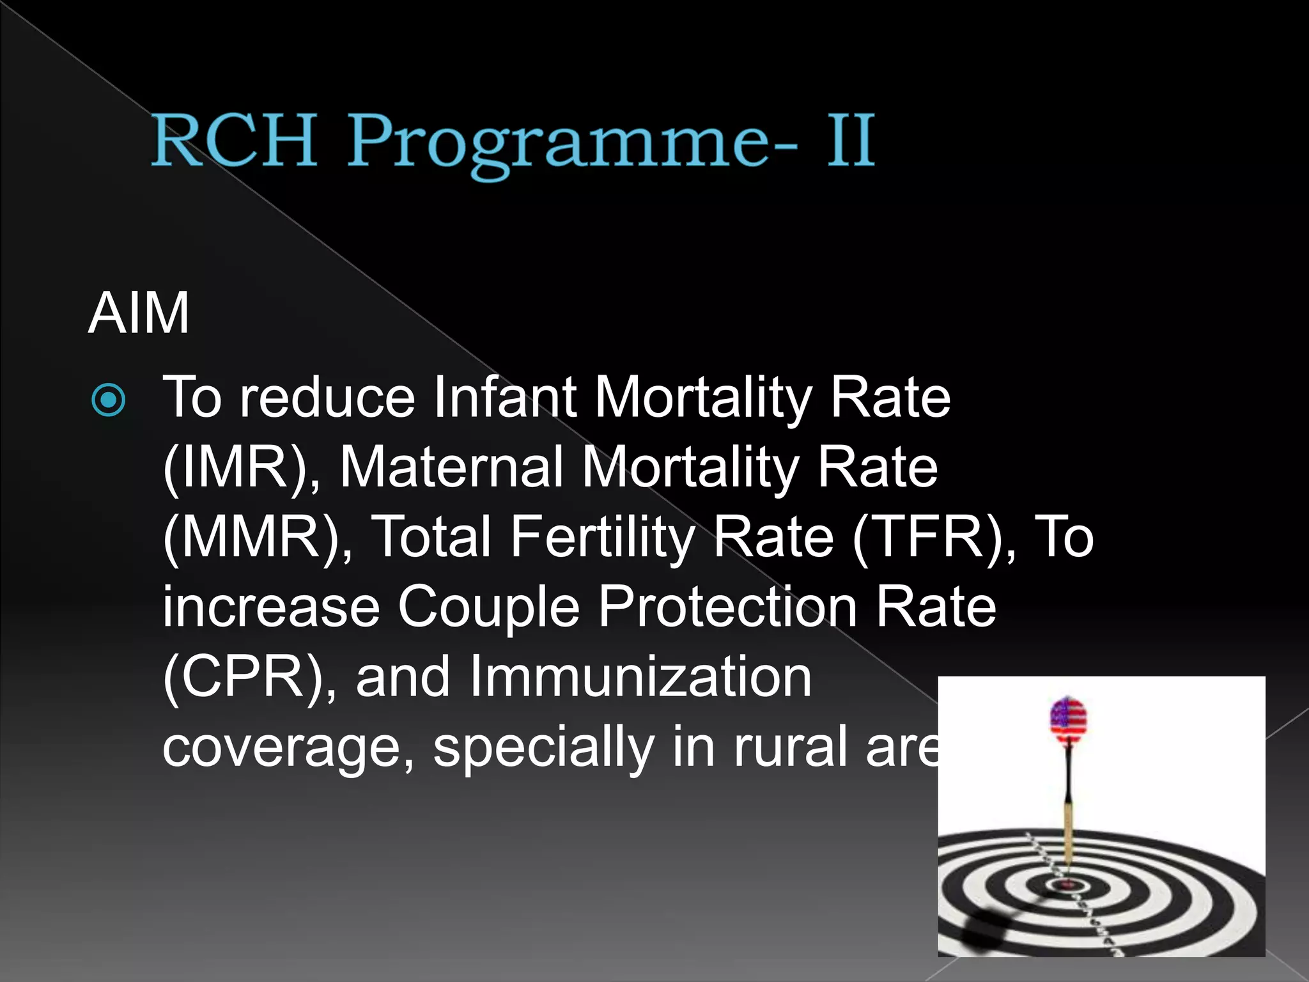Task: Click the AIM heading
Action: point(139,313)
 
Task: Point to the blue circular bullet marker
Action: point(109,400)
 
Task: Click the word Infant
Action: point(505,398)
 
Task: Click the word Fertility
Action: point(602,538)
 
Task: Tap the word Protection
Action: point(727,607)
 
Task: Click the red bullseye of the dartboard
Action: point(1065,885)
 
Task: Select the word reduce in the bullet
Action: point(327,398)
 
